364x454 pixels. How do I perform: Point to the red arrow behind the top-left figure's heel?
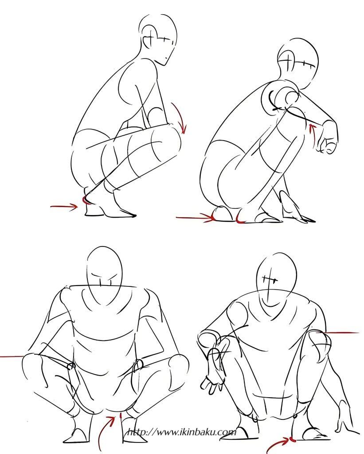pyautogui.click(x=64, y=207)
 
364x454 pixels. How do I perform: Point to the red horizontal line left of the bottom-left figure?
pyautogui.click(x=12, y=356)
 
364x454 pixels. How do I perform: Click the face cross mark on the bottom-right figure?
pyautogui.click(x=270, y=280)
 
